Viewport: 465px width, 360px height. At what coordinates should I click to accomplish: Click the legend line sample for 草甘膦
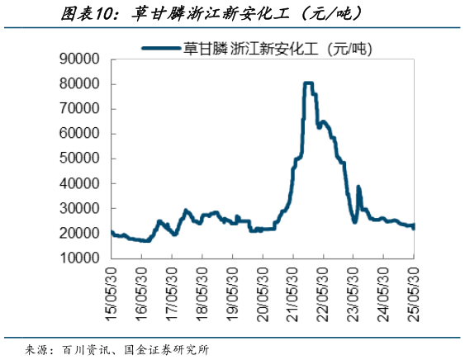[161, 49]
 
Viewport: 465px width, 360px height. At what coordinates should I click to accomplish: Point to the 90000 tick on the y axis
[80, 59]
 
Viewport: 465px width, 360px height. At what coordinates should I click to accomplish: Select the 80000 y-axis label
[80, 84]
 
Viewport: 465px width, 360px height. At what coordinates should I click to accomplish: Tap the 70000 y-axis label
[80, 109]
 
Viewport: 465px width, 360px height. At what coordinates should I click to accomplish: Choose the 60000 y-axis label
[80, 134]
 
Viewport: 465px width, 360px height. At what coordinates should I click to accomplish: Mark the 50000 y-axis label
[80, 159]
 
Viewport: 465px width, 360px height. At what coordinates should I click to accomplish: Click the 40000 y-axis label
[80, 183]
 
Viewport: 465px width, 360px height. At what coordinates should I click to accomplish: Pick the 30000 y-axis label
[80, 209]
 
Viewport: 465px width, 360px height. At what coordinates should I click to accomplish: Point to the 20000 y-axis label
[80, 234]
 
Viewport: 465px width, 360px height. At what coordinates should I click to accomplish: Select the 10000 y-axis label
[80, 258]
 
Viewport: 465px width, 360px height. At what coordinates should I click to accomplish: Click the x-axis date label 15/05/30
[112, 288]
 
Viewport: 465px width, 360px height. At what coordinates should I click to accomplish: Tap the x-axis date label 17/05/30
[172, 288]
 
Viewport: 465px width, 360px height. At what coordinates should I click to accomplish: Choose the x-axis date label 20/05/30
[263, 288]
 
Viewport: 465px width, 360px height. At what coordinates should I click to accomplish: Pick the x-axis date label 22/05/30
[323, 288]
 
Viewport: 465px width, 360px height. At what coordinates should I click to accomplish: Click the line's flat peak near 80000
[308, 83]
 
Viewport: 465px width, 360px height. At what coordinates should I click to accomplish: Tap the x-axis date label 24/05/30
[383, 288]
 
